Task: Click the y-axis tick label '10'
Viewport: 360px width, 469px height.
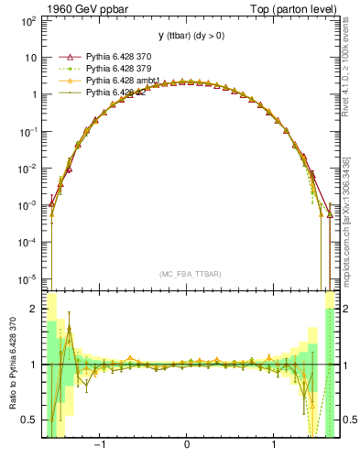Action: pyautogui.click(x=30, y=57)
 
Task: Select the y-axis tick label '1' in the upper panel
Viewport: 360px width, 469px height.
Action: pyautogui.click(x=34, y=94)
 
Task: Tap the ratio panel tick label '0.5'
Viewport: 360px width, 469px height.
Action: pyautogui.click(x=29, y=420)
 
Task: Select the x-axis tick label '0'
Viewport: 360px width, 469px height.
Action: pyautogui.click(x=187, y=446)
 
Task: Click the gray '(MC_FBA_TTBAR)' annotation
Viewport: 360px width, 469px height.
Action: pyautogui.click(x=187, y=276)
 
